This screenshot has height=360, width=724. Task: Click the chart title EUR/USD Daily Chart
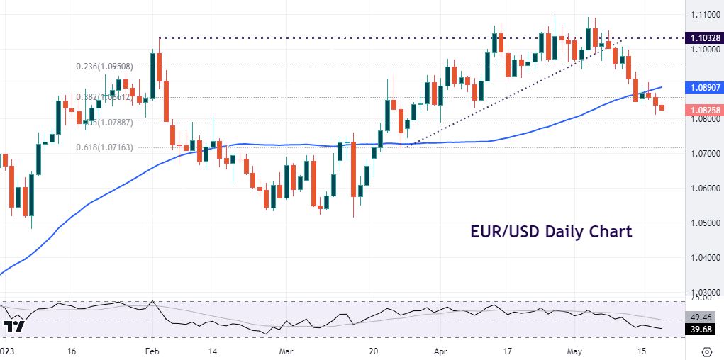pos(551,232)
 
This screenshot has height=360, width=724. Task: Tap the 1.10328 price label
pos(705,37)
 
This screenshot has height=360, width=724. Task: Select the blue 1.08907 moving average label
pos(705,87)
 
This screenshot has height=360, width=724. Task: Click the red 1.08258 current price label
pos(705,110)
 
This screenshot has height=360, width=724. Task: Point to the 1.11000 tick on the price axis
pos(705,15)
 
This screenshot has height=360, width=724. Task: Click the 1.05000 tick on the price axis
pos(705,223)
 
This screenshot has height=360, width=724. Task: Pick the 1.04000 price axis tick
pos(705,257)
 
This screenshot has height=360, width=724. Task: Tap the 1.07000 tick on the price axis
pos(705,153)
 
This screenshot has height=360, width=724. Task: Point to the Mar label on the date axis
pos(286,351)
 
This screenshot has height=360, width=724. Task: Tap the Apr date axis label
pos(441,351)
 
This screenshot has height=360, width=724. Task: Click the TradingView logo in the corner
pos(14,327)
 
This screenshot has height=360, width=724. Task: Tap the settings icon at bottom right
pos(706,351)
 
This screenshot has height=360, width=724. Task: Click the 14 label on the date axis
pos(212,351)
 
